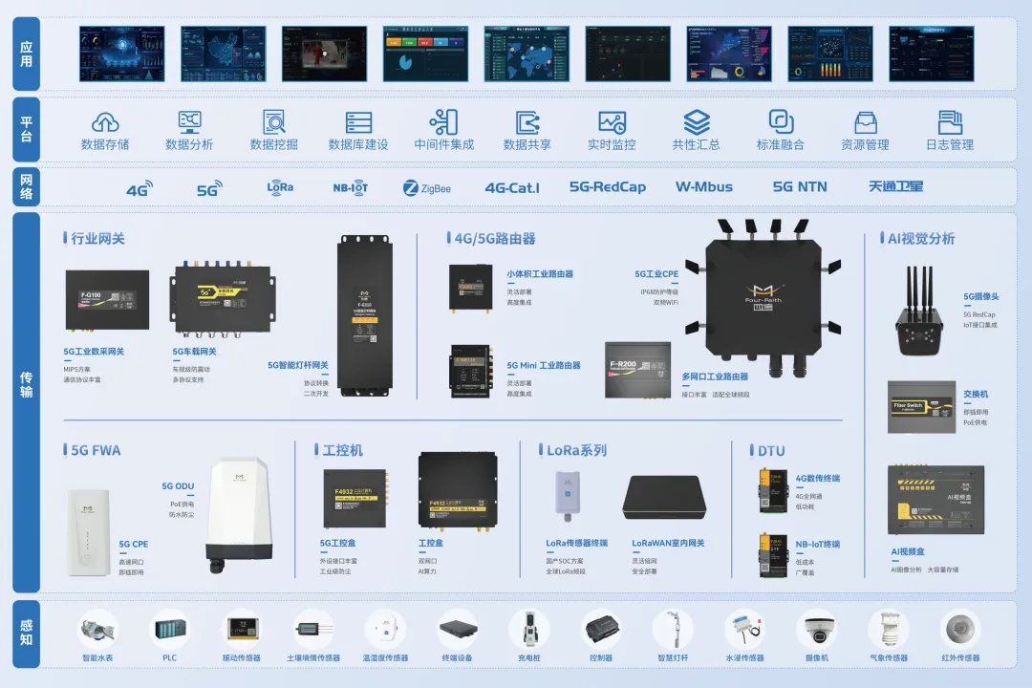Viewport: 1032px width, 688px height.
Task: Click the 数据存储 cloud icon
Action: tap(105, 122)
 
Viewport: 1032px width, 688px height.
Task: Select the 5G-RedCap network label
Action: tap(607, 187)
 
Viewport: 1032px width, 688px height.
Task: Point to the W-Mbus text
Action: tap(703, 187)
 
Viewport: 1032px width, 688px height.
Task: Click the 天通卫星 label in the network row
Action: tap(895, 186)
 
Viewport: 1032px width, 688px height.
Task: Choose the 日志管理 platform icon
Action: tap(949, 122)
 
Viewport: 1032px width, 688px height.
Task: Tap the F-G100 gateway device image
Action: tap(107, 300)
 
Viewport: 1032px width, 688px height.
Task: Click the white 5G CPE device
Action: tap(92, 531)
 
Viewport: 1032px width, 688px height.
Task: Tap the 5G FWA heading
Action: tap(96, 450)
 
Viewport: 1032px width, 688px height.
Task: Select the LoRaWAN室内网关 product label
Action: tap(668, 543)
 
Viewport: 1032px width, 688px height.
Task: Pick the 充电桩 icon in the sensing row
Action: tap(528, 631)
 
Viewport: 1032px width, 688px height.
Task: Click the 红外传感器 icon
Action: tap(960, 631)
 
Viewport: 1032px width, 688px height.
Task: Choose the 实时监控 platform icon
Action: tap(612, 122)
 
